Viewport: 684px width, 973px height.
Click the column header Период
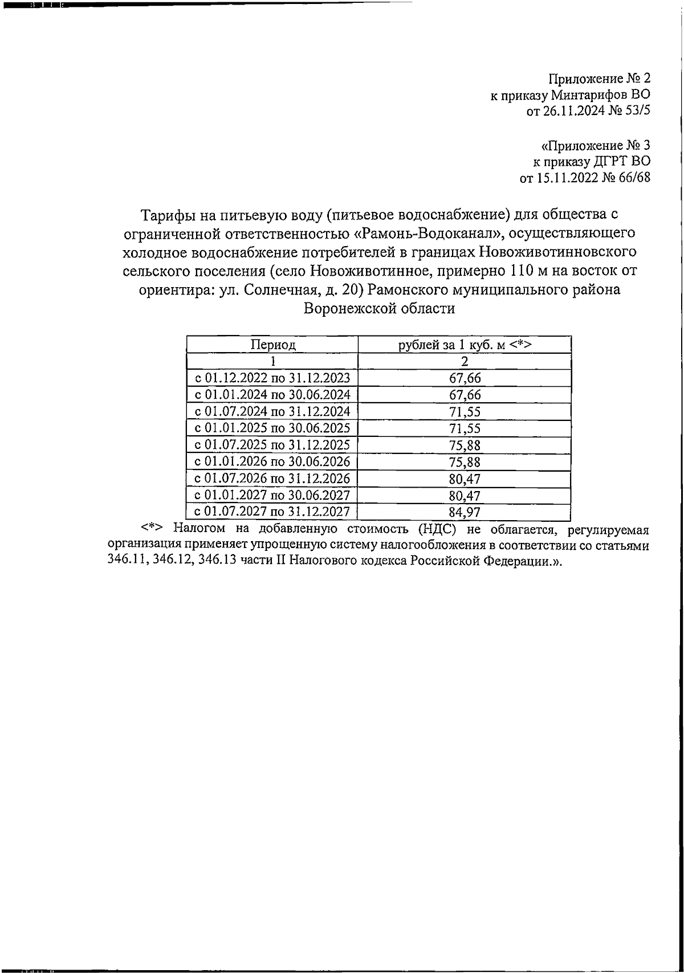[272, 345]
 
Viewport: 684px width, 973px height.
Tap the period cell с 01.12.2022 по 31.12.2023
[272, 378]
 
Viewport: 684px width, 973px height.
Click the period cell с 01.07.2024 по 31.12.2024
[272, 411]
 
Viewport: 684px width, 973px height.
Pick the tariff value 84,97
[465, 512]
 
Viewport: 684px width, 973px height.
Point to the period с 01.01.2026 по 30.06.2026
[272, 461]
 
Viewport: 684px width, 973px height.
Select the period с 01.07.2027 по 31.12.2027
[272, 512]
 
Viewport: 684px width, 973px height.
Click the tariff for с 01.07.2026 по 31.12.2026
[465, 479]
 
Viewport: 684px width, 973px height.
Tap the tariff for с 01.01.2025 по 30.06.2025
[465, 428]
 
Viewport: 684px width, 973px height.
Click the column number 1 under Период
[272, 361]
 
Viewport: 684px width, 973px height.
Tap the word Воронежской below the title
[347, 308]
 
